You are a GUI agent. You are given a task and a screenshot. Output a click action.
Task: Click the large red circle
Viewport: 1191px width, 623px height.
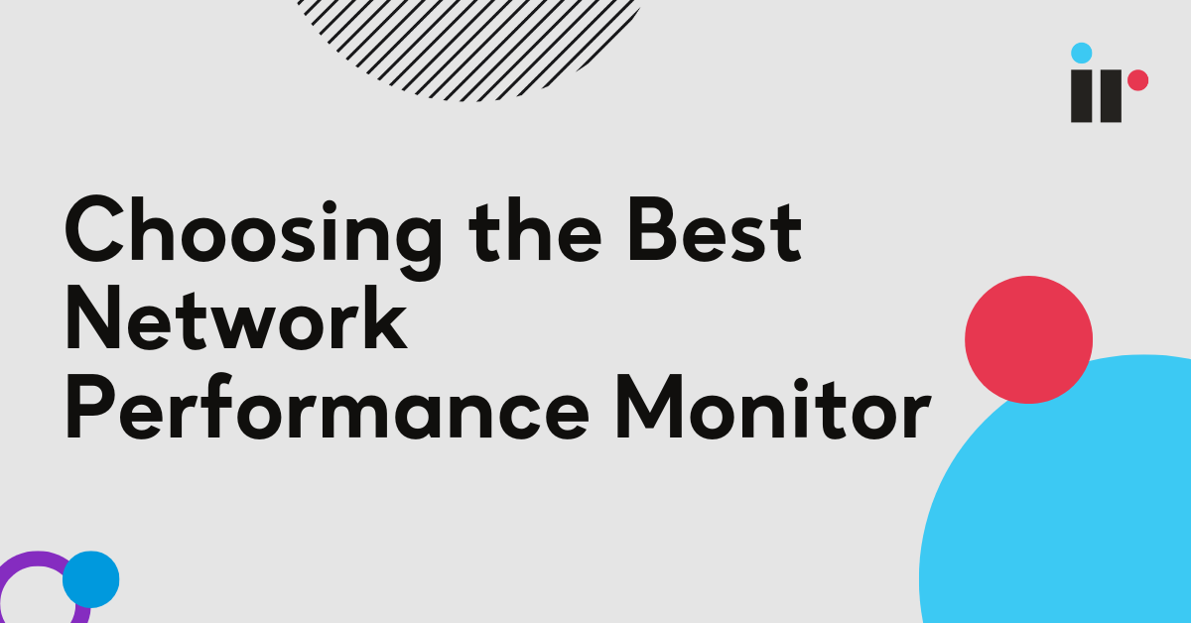(x=1028, y=339)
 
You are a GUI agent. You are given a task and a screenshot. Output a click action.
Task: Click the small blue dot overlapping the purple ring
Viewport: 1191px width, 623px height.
(x=90, y=578)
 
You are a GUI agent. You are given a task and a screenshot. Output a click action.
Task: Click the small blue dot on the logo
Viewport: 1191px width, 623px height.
(x=1082, y=53)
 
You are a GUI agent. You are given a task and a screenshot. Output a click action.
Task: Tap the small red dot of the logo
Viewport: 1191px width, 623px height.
(x=1137, y=79)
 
